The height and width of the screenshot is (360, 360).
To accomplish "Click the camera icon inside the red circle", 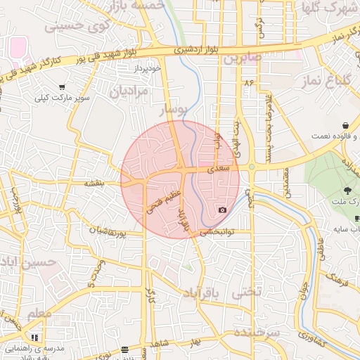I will (x=223, y=210).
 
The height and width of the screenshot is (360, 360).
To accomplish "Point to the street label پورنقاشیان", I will (x=108, y=230).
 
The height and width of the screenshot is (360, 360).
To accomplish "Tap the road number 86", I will (x=247, y=83).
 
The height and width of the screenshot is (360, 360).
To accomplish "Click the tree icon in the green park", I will (x=348, y=191).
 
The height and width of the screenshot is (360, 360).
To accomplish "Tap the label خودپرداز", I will (x=148, y=68).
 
